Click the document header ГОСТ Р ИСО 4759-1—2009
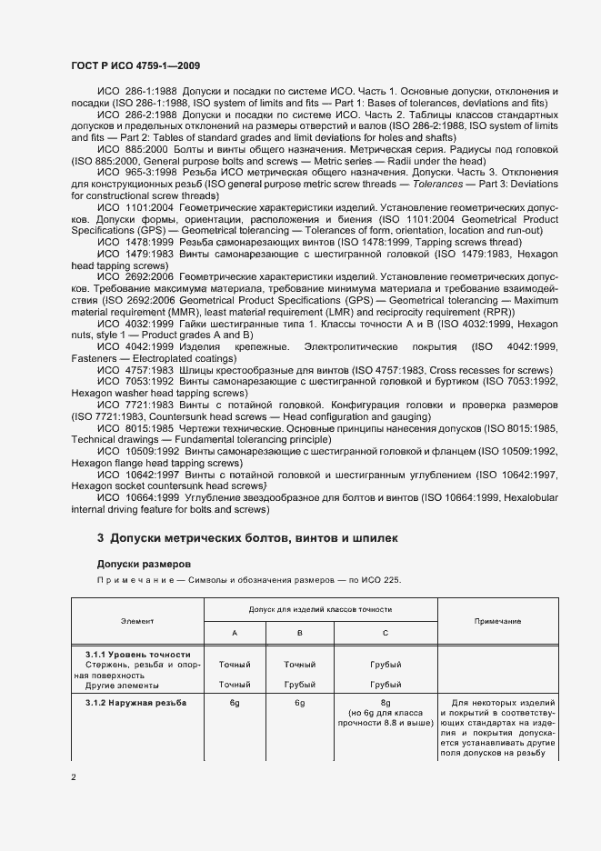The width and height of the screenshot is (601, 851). (136, 65)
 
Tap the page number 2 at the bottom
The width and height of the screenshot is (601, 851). (73, 776)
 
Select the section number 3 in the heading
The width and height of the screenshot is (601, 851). (101, 538)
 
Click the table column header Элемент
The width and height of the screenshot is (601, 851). (137, 620)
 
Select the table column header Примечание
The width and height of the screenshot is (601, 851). (497, 620)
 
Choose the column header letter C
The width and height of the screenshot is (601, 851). (386, 632)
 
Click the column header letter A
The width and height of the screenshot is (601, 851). (234, 632)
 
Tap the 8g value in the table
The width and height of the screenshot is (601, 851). (386, 703)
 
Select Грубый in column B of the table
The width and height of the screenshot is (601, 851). (299, 684)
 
